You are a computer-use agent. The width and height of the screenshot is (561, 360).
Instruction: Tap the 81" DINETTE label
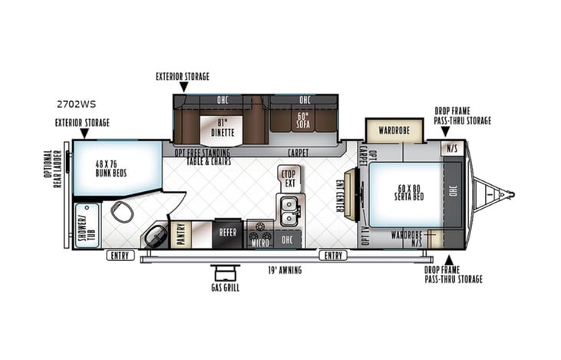tap(222, 127)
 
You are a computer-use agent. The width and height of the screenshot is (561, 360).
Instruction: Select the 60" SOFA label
tap(303, 121)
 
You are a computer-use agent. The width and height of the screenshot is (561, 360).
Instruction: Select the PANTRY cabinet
tap(181, 234)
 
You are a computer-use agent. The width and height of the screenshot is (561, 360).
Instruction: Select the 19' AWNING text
tap(283, 270)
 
